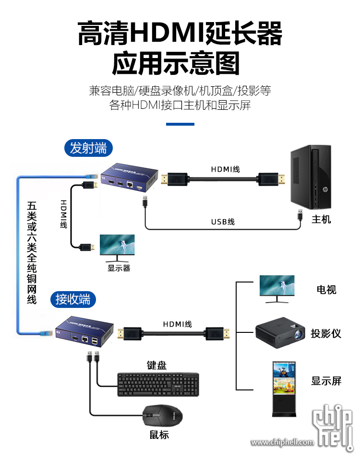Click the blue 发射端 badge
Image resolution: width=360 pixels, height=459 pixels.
tap(88, 148)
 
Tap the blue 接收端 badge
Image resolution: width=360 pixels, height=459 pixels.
tap(73, 299)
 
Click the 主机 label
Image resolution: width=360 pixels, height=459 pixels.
tap(321, 220)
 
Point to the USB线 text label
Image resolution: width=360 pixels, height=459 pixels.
tap(223, 222)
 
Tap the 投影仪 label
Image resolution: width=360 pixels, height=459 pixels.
tap(325, 333)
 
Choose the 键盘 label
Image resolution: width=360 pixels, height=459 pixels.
tap(156, 365)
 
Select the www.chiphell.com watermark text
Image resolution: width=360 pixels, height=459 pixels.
tap(282, 442)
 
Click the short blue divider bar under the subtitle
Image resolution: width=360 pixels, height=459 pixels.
tap(180, 124)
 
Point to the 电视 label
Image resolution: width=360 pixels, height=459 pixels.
tap(326, 289)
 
